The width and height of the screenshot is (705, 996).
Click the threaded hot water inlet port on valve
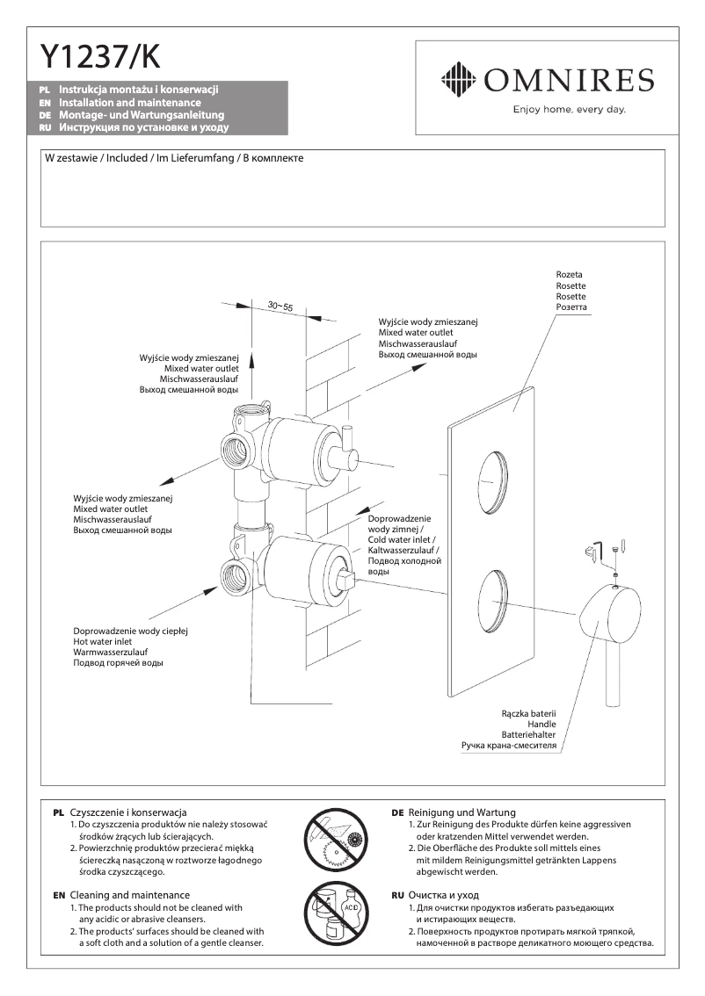click(236, 576)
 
